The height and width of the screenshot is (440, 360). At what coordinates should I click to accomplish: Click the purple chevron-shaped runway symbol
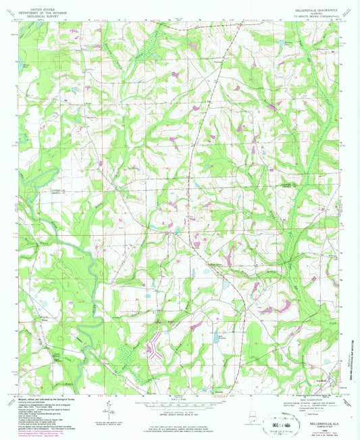pos(155,351)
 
